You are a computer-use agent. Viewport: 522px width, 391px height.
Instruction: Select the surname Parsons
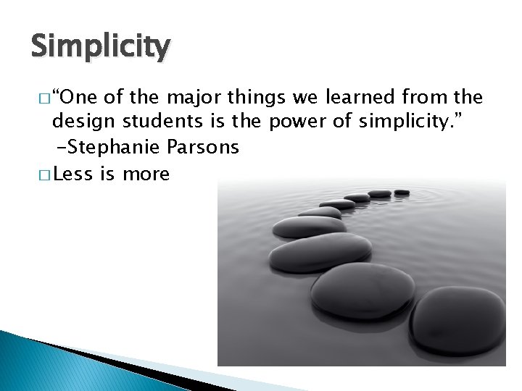203,148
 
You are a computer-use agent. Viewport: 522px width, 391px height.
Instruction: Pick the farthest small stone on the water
402,192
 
